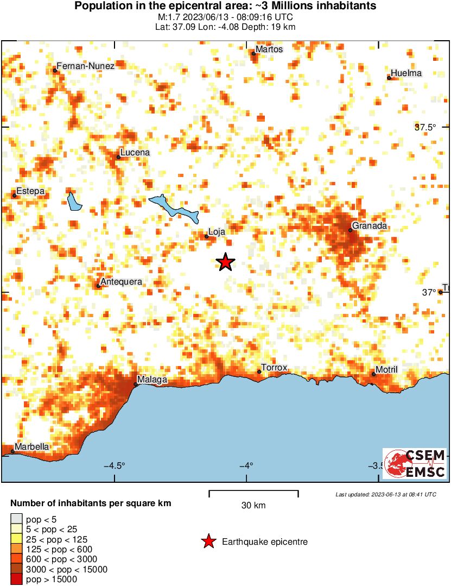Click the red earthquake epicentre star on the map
225,262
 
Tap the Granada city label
369,225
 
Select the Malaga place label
152,379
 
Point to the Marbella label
31,447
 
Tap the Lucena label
135,153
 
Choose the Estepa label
30,191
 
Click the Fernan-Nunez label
86,66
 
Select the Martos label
270,49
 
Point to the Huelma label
406,73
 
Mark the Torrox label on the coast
274,368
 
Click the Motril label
387,369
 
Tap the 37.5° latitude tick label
425,127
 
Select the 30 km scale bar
253,493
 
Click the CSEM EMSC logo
415,463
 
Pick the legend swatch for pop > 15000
17,579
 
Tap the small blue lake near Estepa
74,201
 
